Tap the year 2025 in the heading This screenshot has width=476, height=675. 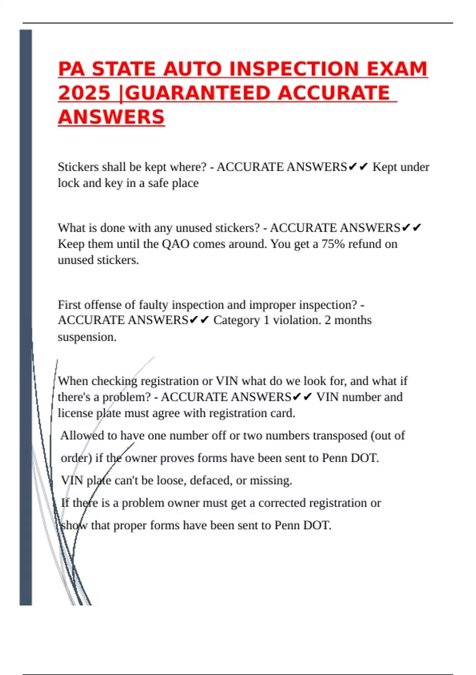click(x=84, y=93)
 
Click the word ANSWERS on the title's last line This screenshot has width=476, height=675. click(x=111, y=117)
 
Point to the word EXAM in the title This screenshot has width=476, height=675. click(x=397, y=69)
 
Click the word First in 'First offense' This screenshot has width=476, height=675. click(x=69, y=305)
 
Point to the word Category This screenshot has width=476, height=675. click(x=237, y=320)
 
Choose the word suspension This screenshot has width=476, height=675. click(x=87, y=337)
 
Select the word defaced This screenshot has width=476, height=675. click(x=211, y=480)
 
